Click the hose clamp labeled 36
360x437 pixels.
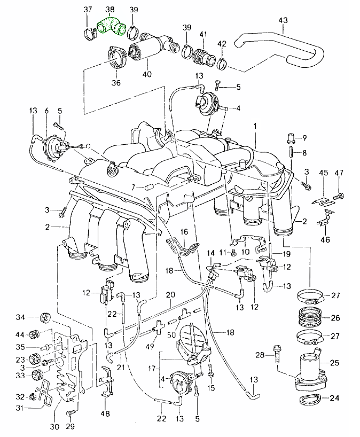tap(116, 58)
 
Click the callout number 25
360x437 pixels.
tap(335, 363)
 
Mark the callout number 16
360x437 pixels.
tap(184, 232)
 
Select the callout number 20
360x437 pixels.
tap(170, 294)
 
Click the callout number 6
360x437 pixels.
tap(46, 111)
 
